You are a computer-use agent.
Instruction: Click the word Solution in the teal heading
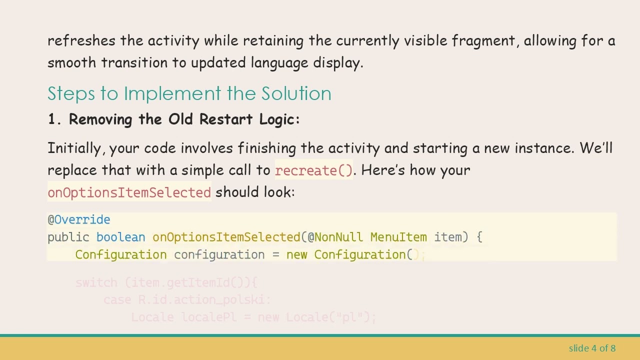(296, 93)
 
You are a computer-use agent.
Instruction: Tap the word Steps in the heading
(69, 93)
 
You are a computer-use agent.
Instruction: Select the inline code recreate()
(314, 170)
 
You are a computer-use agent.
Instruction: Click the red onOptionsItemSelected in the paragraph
(129, 192)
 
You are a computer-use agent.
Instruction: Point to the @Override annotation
(79, 219)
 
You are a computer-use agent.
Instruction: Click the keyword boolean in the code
(120, 237)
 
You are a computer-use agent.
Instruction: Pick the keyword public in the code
(68, 237)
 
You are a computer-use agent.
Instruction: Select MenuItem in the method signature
(398, 237)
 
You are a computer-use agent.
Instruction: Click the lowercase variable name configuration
(219, 254)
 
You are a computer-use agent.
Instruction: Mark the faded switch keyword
(96, 282)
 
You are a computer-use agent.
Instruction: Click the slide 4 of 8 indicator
(592, 348)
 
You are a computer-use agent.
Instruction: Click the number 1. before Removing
(54, 119)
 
